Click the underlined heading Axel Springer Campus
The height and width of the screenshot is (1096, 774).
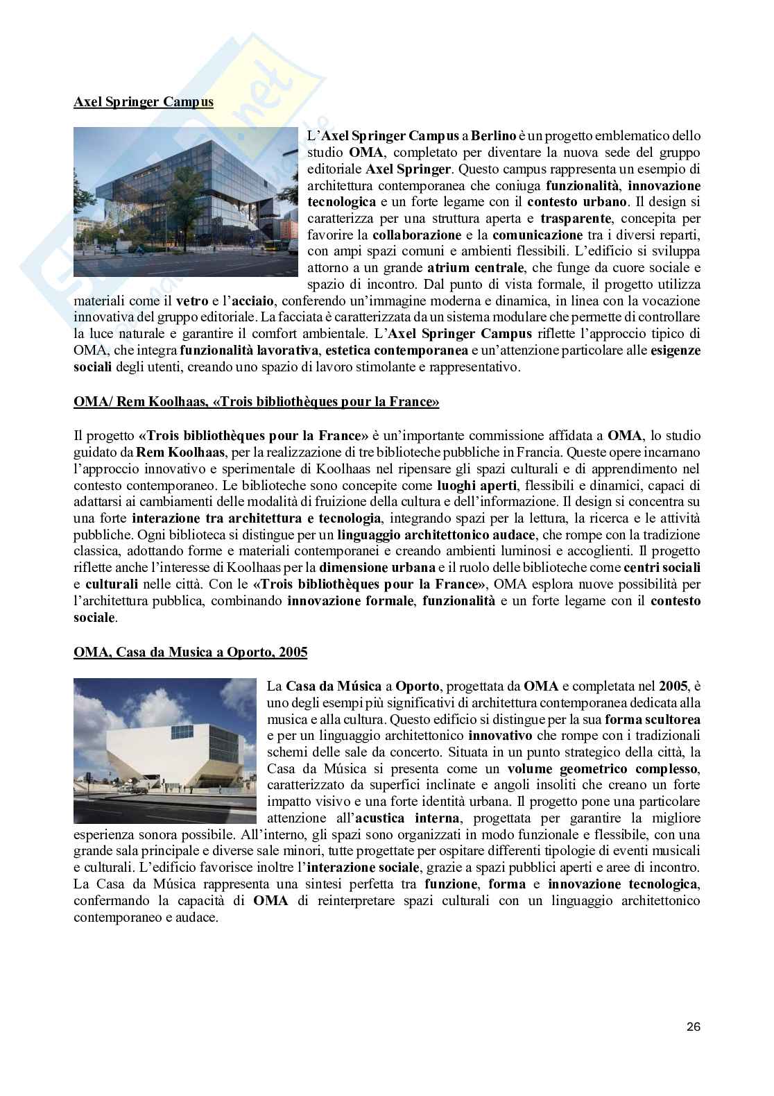pyautogui.click(x=144, y=102)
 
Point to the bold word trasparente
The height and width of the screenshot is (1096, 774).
pyautogui.click(x=580, y=219)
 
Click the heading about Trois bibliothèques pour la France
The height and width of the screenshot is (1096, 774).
pyautogui.click(x=257, y=402)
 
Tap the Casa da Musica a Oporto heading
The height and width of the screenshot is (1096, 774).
pyautogui.click(x=191, y=652)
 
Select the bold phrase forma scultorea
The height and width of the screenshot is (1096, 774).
pyautogui.click(x=652, y=719)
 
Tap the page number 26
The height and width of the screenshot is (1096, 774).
pyautogui.click(x=693, y=1027)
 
